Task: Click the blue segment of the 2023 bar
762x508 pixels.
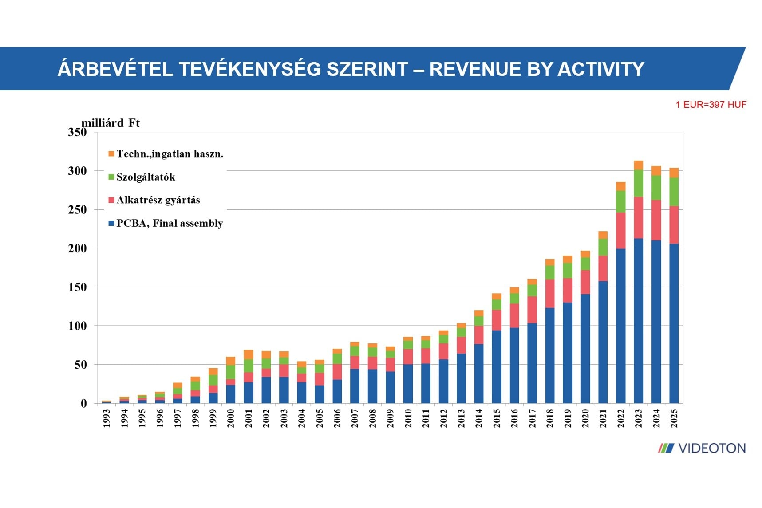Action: point(638,319)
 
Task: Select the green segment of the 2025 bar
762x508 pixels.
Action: point(674,192)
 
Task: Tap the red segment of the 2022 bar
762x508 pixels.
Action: point(620,230)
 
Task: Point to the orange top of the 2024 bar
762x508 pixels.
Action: point(656,170)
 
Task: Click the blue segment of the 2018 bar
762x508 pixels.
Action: point(549,355)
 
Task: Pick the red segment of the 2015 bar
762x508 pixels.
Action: point(496,320)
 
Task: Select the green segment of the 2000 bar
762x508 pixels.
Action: point(230,372)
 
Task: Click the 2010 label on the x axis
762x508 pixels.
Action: point(408,418)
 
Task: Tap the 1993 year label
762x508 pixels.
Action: point(107,418)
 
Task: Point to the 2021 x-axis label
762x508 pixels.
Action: point(603,418)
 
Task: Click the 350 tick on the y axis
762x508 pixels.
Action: point(77,132)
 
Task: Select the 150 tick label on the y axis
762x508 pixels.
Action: point(77,287)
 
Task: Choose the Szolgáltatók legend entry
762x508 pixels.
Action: point(146,177)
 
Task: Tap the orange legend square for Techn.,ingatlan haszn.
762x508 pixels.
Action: point(111,154)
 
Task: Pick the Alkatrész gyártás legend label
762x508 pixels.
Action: point(158,200)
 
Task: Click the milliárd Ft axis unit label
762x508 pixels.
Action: point(111,123)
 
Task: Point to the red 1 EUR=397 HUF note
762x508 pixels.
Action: point(711,105)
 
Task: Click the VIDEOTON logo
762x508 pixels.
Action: point(702,448)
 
